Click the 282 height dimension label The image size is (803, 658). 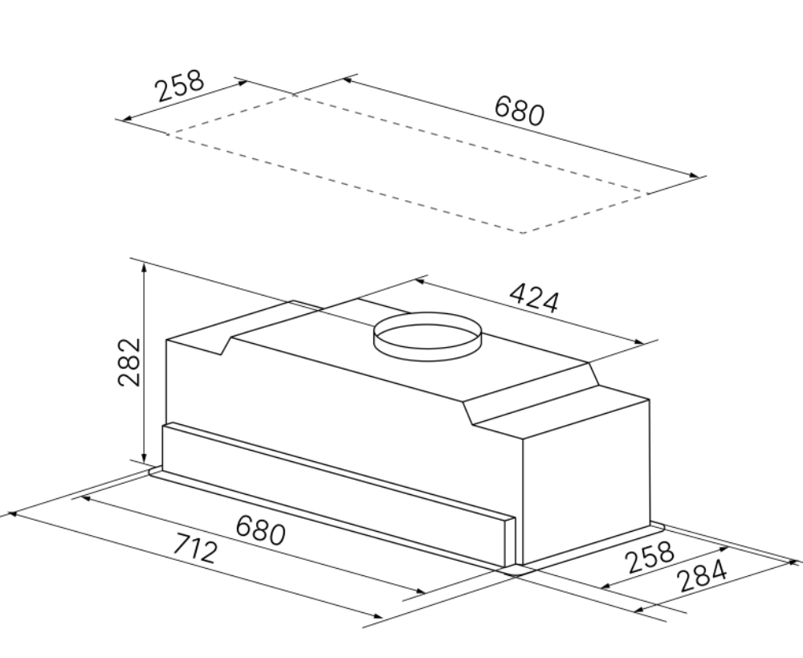(129, 362)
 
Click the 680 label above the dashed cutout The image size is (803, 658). (520, 111)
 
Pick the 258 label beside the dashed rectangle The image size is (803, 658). (181, 86)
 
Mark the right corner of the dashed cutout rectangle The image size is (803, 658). (647, 193)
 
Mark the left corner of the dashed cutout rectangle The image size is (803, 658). (167, 134)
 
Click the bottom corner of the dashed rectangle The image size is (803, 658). (521, 233)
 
